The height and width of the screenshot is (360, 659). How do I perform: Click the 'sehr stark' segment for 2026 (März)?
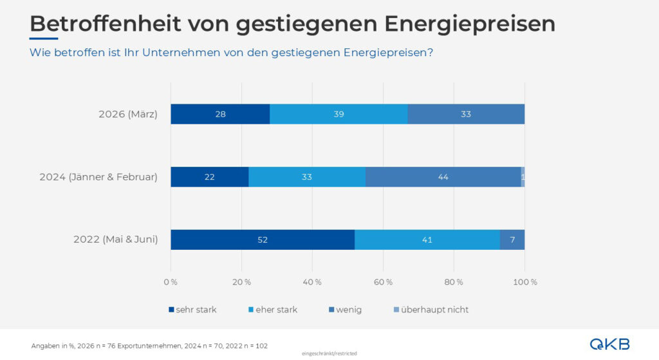(220, 114)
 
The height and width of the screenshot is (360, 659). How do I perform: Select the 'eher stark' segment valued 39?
(339, 114)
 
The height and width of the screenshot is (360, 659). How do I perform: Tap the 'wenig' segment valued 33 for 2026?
(466, 114)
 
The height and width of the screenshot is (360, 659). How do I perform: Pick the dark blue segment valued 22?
(209, 177)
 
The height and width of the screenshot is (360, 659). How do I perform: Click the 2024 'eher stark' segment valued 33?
(307, 177)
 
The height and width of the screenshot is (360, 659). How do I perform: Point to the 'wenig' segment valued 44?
(443, 177)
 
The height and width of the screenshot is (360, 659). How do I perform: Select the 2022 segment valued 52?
(263, 240)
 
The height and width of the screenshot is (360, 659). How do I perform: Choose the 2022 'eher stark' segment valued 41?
(427, 240)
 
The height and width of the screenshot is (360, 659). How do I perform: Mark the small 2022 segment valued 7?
(512, 240)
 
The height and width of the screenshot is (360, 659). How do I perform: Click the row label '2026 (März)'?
(127, 115)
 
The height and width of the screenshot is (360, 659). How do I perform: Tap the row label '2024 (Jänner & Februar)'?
(98, 177)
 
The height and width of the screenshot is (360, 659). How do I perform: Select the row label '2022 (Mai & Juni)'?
(115, 240)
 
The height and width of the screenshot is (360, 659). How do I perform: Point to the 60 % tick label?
(383, 282)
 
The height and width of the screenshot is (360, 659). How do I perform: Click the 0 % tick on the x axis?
(171, 282)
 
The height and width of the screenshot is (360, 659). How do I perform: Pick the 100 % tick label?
(524, 282)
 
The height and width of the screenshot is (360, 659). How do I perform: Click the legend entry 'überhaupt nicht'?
(434, 310)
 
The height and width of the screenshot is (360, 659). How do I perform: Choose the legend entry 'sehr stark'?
(196, 310)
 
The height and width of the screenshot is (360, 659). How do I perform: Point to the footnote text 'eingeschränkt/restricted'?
(329, 354)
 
